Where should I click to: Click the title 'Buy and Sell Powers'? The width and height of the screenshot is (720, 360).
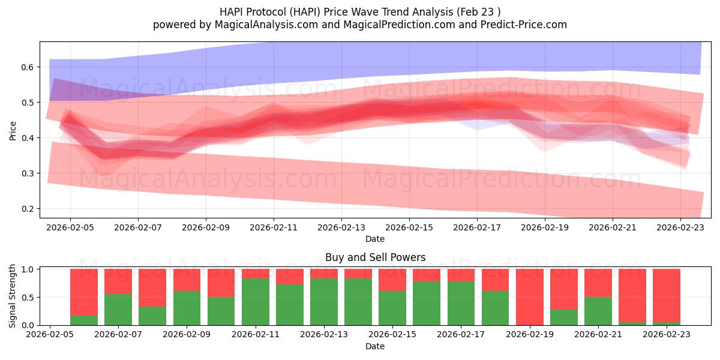coord(375,257)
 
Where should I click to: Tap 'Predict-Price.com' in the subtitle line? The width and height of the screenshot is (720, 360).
coord(519,25)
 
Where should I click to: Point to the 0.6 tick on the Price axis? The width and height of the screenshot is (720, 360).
coord(27,67)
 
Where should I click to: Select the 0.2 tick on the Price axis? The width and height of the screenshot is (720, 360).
coord(27,209)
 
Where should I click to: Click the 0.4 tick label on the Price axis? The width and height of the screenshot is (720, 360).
coord(27,138)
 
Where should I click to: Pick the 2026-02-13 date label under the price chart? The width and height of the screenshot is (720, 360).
coord(341,227)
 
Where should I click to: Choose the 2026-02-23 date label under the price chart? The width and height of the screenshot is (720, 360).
coord(680,227)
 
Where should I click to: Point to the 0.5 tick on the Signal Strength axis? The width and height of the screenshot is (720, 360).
coord(27,298)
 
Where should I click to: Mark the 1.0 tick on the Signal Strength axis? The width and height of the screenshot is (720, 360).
coord(27,269)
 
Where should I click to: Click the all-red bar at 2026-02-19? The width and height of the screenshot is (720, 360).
coord(529,297)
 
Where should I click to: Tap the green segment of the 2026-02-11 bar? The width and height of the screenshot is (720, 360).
coord(256,302)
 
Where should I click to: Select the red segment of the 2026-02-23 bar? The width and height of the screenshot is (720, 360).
coord(667,294)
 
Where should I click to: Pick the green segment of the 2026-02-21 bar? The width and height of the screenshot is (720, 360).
coord(598,311)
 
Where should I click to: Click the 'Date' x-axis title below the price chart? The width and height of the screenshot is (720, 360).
coord(375,239)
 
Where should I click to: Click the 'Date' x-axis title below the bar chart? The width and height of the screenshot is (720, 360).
coord(375,346)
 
